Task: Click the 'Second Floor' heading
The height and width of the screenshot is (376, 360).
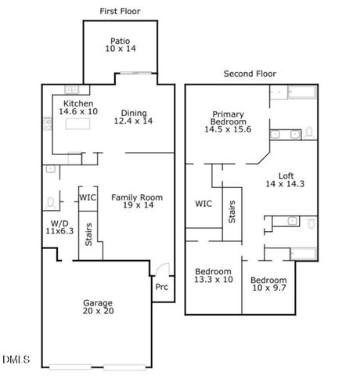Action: click(250, 74)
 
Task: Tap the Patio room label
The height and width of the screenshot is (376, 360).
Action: click(121, 44)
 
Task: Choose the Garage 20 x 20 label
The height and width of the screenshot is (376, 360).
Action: click(99, 308)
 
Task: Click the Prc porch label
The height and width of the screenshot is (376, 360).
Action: click(161, 287)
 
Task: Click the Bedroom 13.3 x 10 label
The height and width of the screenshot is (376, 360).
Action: click(214, 276)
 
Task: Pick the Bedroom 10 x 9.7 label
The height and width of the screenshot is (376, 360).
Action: click(268, 284)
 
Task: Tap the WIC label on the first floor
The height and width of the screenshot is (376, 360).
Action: click(88, 197)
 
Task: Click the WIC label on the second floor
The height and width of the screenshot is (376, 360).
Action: click(203, 204)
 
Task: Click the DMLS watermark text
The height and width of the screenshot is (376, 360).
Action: click(16, 360)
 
